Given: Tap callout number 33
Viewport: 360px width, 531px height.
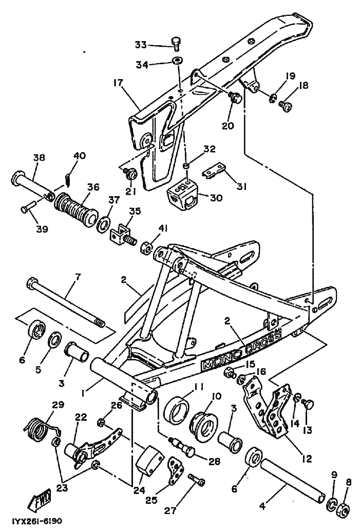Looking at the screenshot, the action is [x=141, y=44].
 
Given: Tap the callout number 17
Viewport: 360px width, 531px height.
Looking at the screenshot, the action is [x=118, y=83].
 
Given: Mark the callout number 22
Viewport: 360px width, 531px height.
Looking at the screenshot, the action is [x=81, y=416].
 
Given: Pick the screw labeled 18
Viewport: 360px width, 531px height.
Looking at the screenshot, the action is [x=285, y=106].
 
